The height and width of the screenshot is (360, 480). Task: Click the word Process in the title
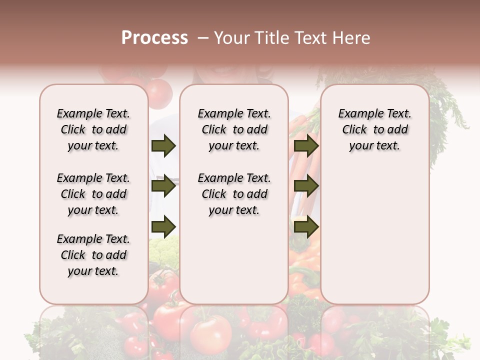click(154, 38)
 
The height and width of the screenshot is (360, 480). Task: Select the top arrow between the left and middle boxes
click(163, 146)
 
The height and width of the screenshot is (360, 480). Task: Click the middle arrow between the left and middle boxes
click(163, 186)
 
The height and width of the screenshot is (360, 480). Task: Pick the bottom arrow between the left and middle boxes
click(163, 225)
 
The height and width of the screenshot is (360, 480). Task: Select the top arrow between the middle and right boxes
click(306, 146)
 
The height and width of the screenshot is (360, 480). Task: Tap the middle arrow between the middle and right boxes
click(306, 186)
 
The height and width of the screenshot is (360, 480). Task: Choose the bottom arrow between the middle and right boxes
click(306, 226)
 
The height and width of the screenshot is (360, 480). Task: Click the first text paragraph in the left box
click(93, 129)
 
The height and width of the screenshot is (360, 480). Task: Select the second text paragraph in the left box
click(93, 194)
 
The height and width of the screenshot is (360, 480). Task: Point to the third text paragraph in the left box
click(93, 255)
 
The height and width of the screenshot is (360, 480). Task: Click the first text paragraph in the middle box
click(234, 129)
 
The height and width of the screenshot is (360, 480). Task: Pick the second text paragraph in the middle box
click(234, 194)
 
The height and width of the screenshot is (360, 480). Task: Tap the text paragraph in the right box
click(374, 129)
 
